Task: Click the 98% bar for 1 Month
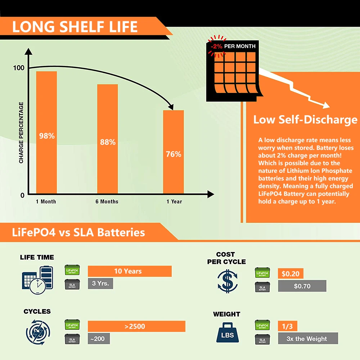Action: (46, 132)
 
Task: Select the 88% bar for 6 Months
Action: (107, 139)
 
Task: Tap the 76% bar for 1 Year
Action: (174, 152)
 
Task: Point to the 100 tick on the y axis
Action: (19, 68)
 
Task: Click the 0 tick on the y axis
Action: (22, 195)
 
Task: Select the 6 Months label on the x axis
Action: (107, 202)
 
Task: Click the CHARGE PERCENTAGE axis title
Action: (21, 133)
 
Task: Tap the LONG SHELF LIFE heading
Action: (75, 27)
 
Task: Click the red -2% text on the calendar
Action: (216, 46)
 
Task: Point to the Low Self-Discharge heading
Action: (305, 120)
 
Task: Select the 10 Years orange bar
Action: (130, 271)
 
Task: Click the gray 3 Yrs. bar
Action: (100, 284)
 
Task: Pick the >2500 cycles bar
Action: (136, 326)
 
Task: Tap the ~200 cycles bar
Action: (99, 339)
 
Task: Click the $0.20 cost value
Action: (291, 274)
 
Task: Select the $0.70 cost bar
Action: (302, 286)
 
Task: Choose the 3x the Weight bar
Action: (308, 338)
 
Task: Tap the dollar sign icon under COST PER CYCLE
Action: (228, 282)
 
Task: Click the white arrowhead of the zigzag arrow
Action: (326, 105)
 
